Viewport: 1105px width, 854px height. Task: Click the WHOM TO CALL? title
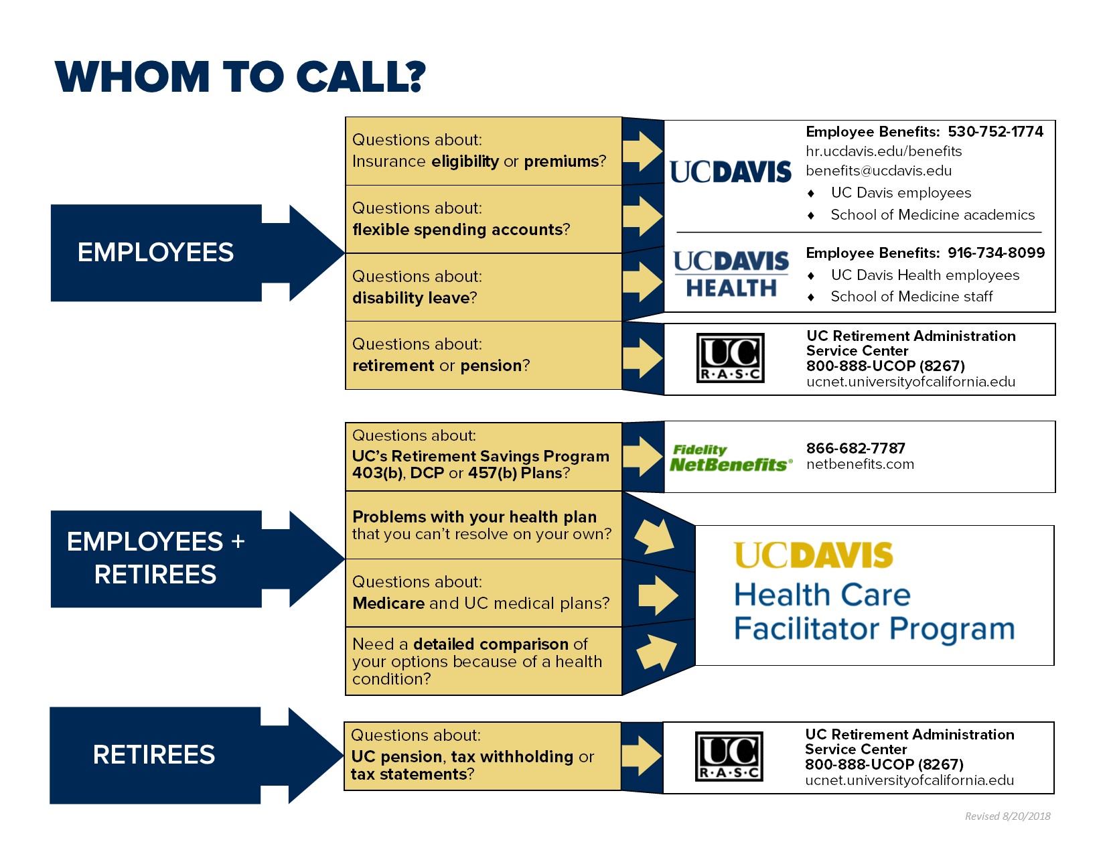click(x=240, y=76)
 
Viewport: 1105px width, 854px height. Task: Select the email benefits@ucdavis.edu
click(x=879, y=171)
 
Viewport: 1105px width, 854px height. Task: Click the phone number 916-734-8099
click(x=996, y=253)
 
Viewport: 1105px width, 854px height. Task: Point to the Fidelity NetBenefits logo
click(x=731, y=458)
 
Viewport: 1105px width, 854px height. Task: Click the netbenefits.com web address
click(x=860, y=464)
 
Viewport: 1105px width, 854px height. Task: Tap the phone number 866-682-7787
click(x=856, y=448)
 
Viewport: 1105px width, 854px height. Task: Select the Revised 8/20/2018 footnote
click(x=1007, y=816)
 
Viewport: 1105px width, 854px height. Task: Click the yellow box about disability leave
click(x=484, y=287)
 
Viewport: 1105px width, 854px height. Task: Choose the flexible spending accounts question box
click(x=484, y=219)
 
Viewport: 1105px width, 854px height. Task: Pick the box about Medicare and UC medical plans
click(x=484, y=593)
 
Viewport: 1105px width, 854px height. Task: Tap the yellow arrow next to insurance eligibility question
click(x=643, y=151)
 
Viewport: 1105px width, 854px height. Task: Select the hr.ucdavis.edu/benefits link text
click(x=883, y=151)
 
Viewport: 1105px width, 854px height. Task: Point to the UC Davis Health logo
click(x=731, y=274)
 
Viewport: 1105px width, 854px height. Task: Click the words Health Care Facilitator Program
click(x=874, y=612)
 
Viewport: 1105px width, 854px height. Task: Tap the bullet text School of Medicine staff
click(x=911, y=297)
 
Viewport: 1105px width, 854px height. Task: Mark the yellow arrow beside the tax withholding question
click(x=642, y=756)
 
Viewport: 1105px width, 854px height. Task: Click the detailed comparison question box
click(x=484, y=661)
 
